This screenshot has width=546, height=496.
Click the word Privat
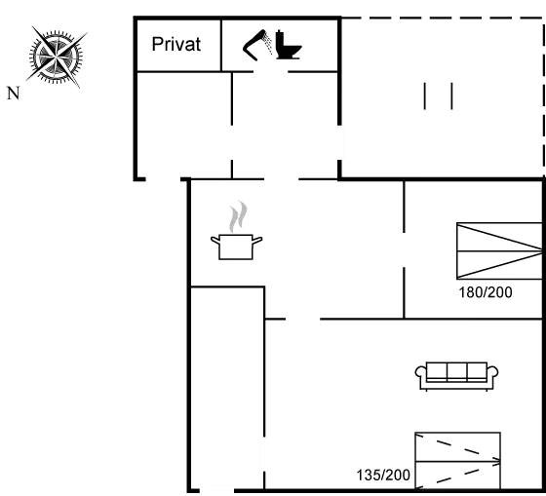[x=176, y=44]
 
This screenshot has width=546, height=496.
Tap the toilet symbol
[x=289, y=45]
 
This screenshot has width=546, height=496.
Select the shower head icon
[x=257, y=46]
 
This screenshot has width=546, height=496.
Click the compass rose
[x=57, y=57]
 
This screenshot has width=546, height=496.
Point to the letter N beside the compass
[x=14, y=94]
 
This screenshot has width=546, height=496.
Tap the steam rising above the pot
[x=238, y=216]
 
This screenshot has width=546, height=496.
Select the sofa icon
[x=456, y=376]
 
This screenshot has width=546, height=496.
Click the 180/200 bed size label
[x=486, y=292]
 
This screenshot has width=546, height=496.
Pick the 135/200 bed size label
[x=383, y=476]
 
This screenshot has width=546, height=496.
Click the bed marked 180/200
[x=499, y=251]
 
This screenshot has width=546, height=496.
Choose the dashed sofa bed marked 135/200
[x=457, y=461]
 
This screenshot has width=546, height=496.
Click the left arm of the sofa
[x=420, y=372]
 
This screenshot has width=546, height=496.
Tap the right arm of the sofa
[x=492, y=372]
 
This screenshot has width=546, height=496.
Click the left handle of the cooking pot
[x=215, y=240]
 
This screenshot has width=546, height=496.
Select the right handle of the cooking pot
[x=257, y=240]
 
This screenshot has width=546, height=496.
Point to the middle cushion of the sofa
[x=457, y=370]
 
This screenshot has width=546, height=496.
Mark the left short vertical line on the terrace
[x=424, y=96]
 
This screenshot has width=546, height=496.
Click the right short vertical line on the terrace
[x=451, y=96]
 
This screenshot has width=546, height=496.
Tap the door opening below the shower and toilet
[x=271, y=72]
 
